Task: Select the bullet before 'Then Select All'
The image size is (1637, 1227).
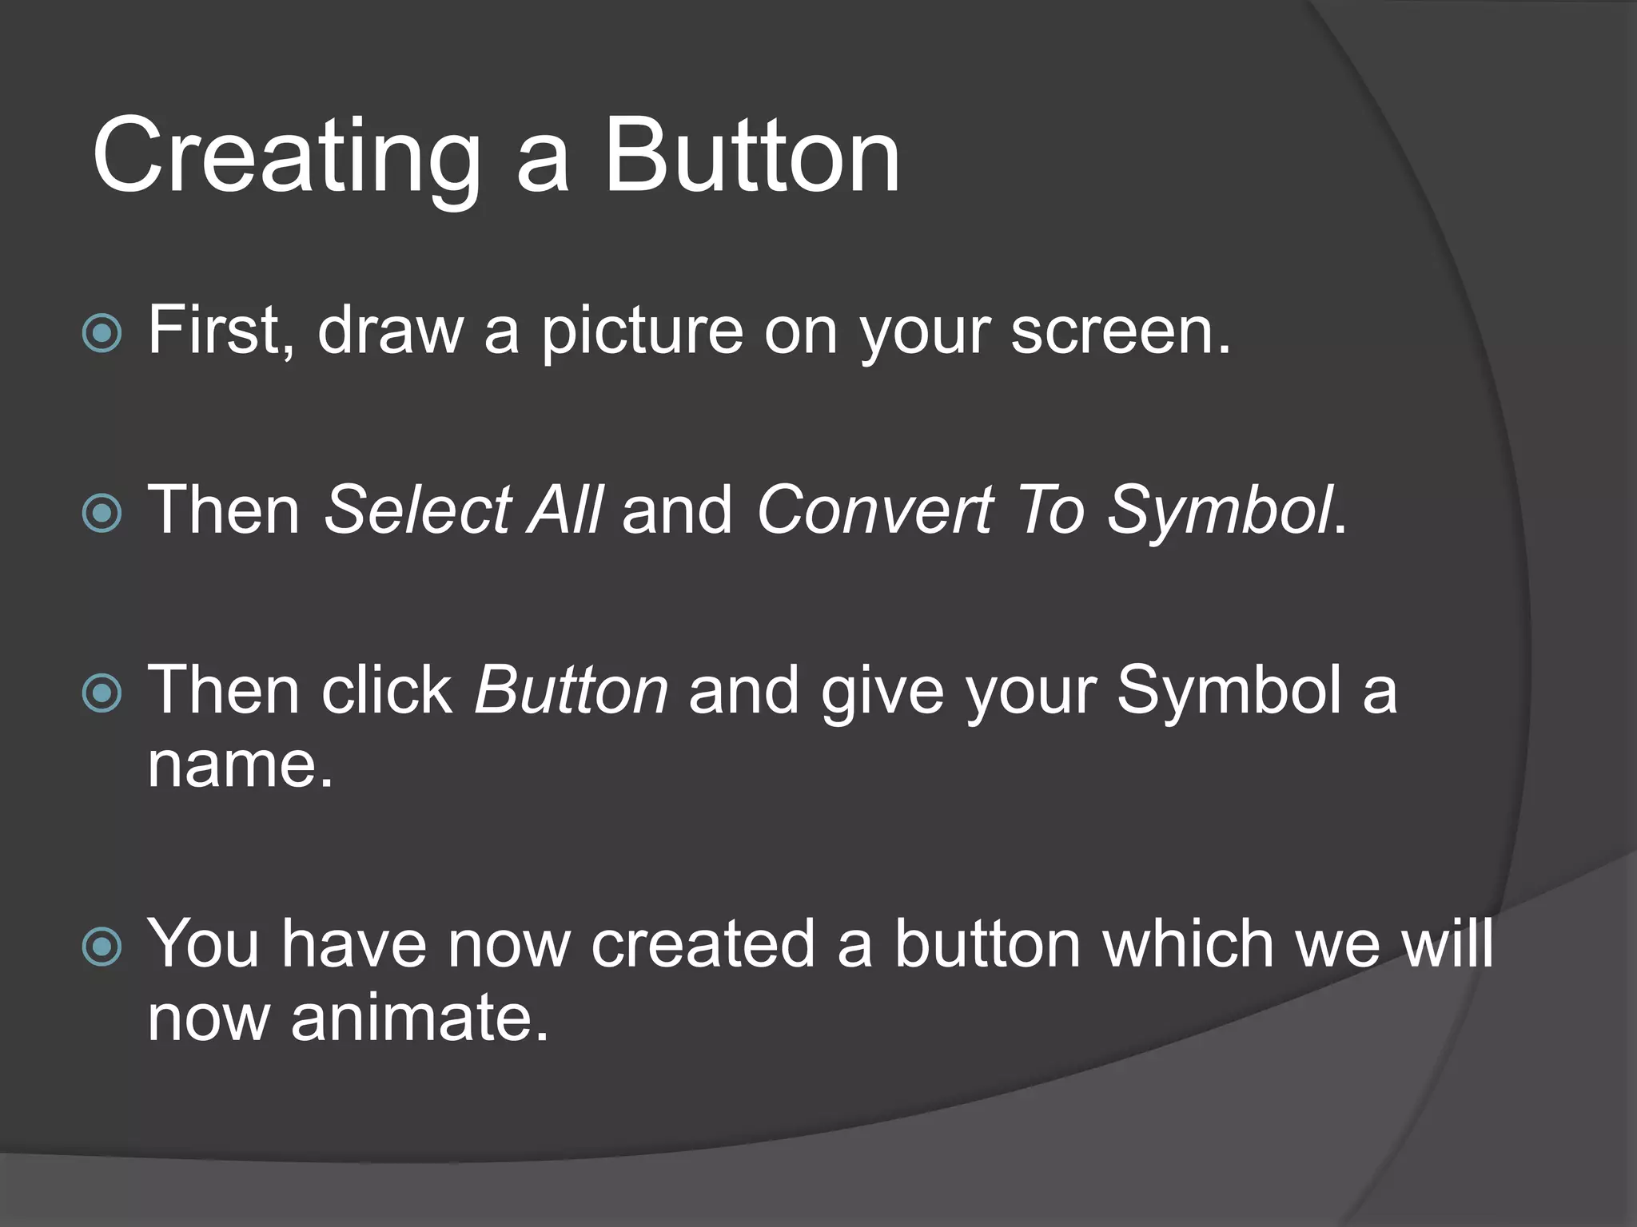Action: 102,513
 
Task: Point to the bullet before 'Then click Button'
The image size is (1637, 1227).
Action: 102,693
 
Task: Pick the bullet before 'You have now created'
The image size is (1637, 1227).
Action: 102,947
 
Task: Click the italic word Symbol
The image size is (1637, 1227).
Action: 1220,511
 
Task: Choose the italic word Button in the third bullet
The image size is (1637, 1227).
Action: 571,689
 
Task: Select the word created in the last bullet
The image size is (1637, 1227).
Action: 703,944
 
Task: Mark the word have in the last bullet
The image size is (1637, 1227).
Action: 351,944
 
